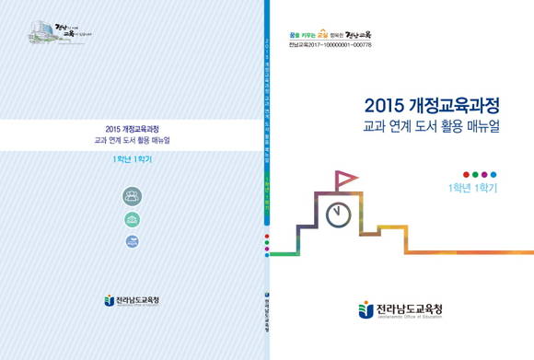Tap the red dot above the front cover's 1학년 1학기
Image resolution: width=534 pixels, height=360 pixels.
466,174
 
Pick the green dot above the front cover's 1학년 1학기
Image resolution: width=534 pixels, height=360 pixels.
475,174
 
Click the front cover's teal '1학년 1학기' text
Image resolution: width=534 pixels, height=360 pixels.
472,189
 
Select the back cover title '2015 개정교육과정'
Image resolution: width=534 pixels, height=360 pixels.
133,131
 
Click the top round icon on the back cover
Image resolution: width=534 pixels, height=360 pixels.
133,195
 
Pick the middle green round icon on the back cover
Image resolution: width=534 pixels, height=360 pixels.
133,219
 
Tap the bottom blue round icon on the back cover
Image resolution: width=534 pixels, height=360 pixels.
133,241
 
